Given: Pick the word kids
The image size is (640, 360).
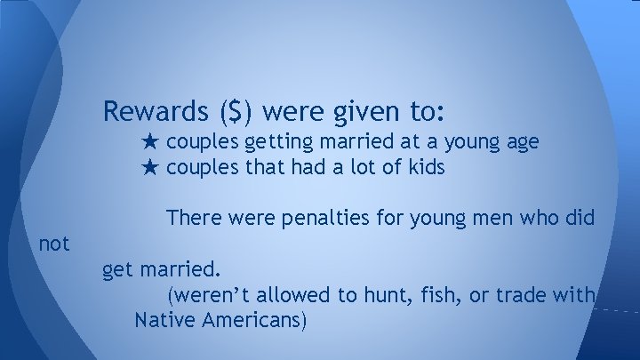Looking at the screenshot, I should point(425,167).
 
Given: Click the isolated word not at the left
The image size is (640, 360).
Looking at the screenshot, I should point(54,242).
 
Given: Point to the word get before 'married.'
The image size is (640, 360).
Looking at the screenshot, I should point(117,269).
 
